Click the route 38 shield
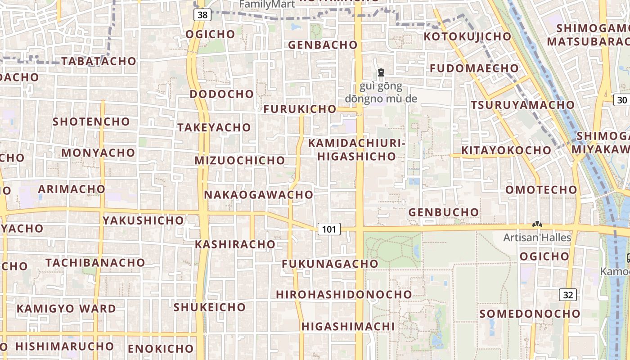[202, 15]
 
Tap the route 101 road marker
[329, 229]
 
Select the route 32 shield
[568, 295]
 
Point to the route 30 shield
[622, 100]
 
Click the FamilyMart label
[267, 4]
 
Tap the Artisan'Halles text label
[537, 238]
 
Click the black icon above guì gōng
[381, 72]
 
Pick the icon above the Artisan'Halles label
[537, 224]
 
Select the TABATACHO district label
[99, 61]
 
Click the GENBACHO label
[323, 45]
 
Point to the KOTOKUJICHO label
[468, 36]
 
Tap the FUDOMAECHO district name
[474, 68]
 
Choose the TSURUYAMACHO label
[522, 105]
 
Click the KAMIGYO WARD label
[66, 309]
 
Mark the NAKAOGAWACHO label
[258, 195]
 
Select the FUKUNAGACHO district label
[330, 264]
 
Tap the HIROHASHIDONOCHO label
[344, 294]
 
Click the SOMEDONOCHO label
[530, 314]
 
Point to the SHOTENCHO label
[91, 121]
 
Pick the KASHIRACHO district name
[235, 244]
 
